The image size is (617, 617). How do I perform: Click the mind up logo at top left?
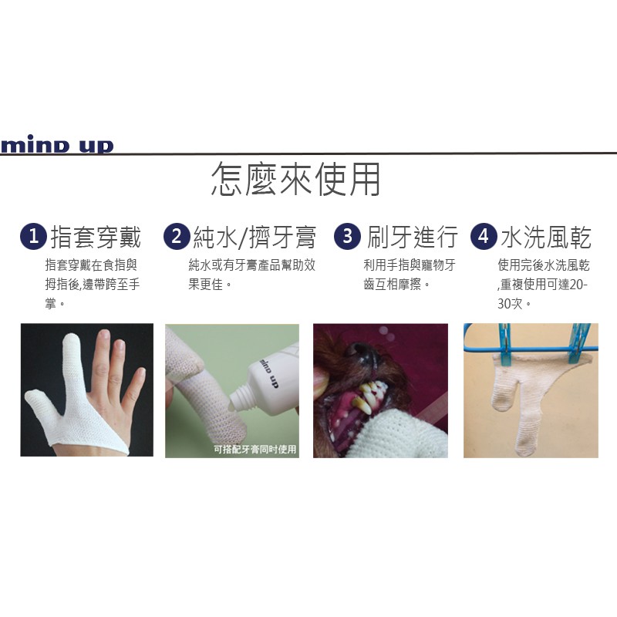click(x=57, y=146)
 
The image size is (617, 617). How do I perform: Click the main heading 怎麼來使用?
click(x=295, y=180)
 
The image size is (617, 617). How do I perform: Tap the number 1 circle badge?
click(x=32, y=237)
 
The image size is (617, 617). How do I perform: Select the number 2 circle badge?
click(x=177, y=237)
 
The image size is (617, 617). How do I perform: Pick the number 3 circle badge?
click(x=347, y=237)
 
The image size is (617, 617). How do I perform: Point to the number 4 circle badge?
click(x=484, y=237)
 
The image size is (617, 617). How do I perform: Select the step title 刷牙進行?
click(x=413, y=238)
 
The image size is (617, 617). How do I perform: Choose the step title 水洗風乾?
click(x=546, y=238)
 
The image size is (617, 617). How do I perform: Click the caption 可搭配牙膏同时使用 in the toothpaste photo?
click(x=256, y=449)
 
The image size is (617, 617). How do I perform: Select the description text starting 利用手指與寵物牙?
click(x=409, y=265)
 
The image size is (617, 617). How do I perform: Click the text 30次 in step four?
click(x=511, y=304)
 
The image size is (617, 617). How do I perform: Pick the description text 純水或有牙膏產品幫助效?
click(x=252, y=265)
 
